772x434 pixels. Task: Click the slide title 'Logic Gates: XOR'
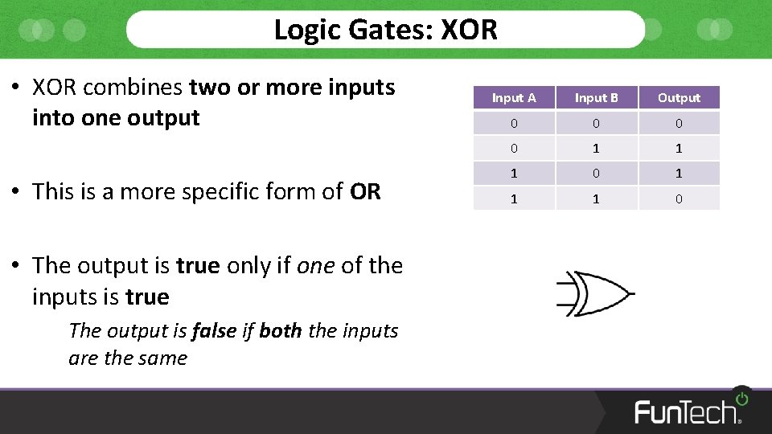click(385, 30)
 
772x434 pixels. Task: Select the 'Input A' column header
click(514, 98)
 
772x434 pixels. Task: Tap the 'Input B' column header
click(596, 98)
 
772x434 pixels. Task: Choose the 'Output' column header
click(679, 98)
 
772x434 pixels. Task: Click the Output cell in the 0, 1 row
click(679, 149)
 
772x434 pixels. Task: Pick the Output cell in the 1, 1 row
click(679, 199)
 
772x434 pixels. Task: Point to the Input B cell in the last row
click(596, 199)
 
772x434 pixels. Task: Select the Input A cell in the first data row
click(514, 123)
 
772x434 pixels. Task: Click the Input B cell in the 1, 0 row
click(596, 174)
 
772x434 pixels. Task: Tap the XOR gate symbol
click(595, 293)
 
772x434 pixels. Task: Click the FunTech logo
click(688, 411)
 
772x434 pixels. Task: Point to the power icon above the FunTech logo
click(741, 398)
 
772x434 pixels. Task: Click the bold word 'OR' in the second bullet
click(365, 192)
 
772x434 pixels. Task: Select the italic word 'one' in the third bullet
click(316, 266)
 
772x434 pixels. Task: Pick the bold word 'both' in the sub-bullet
click(281, 330)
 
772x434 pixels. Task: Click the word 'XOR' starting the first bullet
click(55, 87)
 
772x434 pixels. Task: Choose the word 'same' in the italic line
click(166, 358)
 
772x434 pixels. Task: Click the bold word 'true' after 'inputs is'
click(147, 297)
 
